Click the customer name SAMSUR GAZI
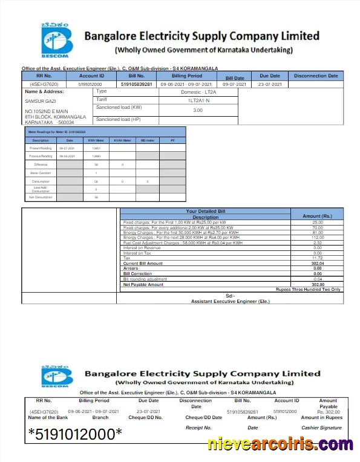tap(36, 101)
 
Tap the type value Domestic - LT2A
tap(197, 92)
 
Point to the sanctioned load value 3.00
tap(197, 111)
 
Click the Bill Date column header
tap(235, 78)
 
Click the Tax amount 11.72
tap(317, 258)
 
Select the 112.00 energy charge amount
tap(317, 238)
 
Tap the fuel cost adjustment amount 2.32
tap(317, 242)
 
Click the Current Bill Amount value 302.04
tap(317, 264)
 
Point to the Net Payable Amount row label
tap(143, 284)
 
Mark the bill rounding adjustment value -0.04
tap(317, 279)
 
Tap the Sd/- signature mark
tap(230, 296)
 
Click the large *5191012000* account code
tap(75, 434)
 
